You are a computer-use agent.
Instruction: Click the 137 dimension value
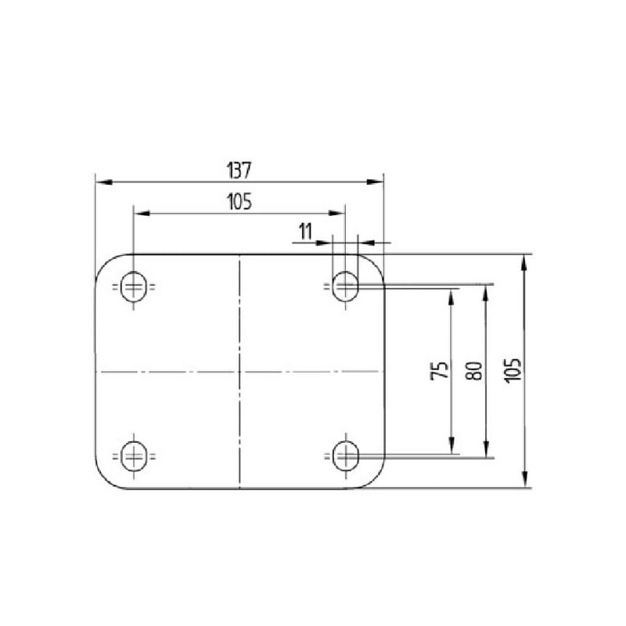tap(239, 170)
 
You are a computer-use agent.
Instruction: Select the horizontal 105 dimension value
tap(239, 202)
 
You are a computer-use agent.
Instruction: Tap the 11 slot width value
tap(305, 232)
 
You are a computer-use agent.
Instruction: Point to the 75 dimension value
tap(440, 370)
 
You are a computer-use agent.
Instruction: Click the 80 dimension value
tap(474, 370)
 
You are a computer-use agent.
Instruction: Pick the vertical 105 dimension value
tap(513, 371)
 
